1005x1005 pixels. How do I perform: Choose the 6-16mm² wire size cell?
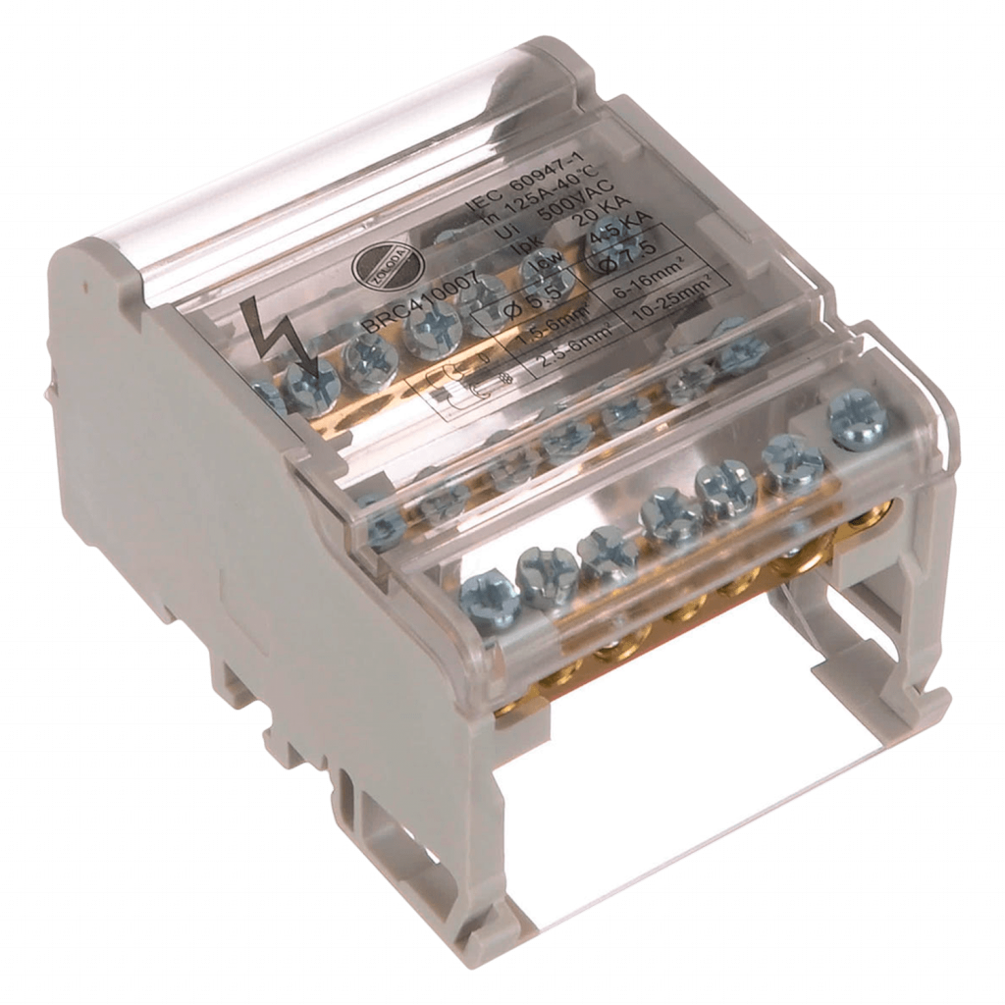point(647,285)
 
